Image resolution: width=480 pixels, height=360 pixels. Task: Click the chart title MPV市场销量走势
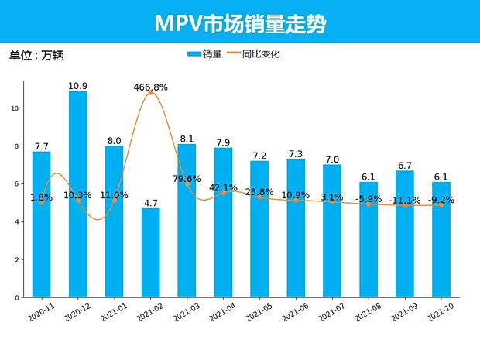[x=240, y=22]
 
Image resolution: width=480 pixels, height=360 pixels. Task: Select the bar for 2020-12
[x=77, y=194]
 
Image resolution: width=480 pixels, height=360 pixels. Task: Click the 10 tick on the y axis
[x=15, y=108]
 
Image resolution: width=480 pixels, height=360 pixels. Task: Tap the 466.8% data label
[x=150, y=87]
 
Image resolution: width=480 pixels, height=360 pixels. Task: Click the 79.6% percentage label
[x=187, y=179]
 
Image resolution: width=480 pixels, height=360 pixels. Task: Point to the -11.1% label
[x=404, y=201]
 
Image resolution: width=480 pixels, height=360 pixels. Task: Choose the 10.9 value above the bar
[x=77, y=85]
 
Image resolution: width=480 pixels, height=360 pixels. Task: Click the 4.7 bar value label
[x=150, y=203]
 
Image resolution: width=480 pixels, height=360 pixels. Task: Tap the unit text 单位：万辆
[x=35, y=56]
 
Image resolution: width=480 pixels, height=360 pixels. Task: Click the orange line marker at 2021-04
[x=223, y=192]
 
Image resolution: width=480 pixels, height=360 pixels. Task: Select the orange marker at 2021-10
[x=441, y=204]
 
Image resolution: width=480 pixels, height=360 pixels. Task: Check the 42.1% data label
[x=223, y=187]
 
